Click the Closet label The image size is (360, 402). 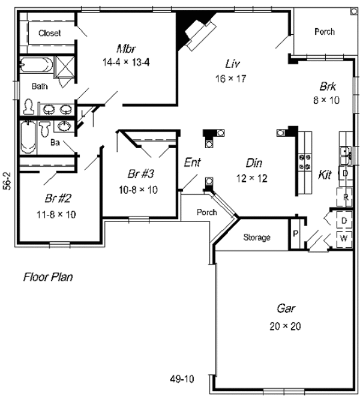click(x=49, y=33)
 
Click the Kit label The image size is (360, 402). click(x=325, y=175)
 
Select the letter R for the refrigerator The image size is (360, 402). click(x=346, y=197)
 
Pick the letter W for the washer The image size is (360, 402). click(x=344, y=239)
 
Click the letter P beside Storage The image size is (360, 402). click(x=296, y=233)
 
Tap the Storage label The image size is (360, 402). click(x=257, y=238)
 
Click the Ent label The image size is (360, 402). click(x=192, y=163)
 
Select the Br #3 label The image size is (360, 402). click(x=141, y=175)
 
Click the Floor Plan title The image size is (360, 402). click(x=48, y=277)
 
